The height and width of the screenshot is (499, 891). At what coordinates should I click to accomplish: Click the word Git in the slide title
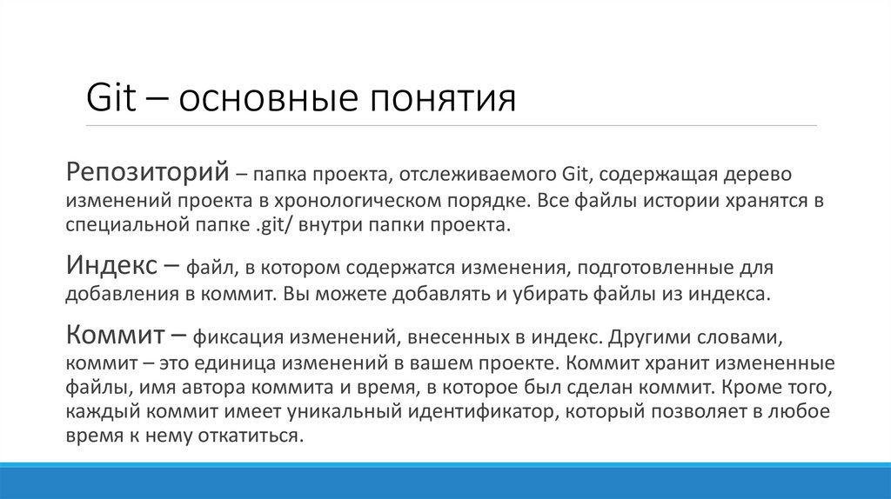coord(111,98)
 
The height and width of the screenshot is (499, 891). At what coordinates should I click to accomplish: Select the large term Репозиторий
coord(147,171)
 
